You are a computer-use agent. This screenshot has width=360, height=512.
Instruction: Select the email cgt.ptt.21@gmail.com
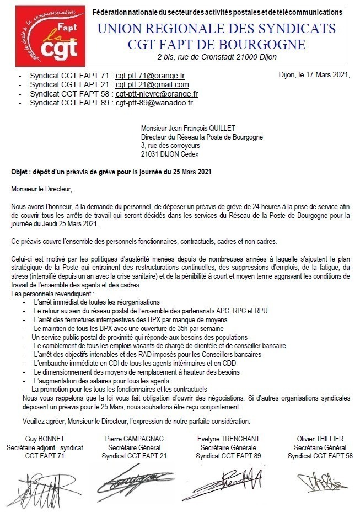pyautogui.click(x=152, y=84)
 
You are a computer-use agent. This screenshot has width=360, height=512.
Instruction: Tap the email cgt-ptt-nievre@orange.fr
pyautogui.click(x=157, y=93)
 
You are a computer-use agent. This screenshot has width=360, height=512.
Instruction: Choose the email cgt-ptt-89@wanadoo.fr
pyautogui.click(x=154, y=102)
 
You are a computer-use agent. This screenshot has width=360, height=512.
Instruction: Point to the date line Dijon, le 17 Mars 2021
pyautogui.click(x=314, y=75)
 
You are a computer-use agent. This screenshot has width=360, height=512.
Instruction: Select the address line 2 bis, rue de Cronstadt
pyautogui.click(x=216, y=57)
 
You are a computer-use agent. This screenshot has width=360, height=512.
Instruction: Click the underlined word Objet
pyautogui.click(x=20, y=172)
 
